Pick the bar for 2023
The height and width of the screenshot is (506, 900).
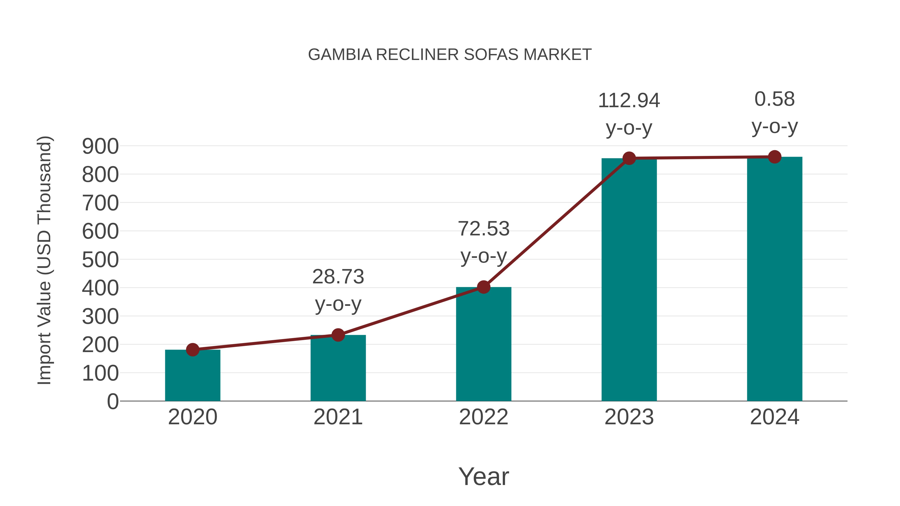629,279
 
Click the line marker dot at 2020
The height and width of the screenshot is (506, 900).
192,350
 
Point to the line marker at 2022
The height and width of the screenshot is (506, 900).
483,287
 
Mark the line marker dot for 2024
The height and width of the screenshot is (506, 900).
774,157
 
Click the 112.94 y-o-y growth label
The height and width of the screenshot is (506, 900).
629,114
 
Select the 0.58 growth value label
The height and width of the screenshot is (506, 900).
774,112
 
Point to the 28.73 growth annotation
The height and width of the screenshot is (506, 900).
338,290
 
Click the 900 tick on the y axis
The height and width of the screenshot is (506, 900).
100,146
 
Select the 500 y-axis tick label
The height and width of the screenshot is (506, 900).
100,260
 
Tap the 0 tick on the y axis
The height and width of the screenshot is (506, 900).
112,401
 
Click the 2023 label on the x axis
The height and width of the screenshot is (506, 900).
629,417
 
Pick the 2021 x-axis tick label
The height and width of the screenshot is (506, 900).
338,417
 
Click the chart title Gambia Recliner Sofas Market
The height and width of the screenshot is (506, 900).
450,54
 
